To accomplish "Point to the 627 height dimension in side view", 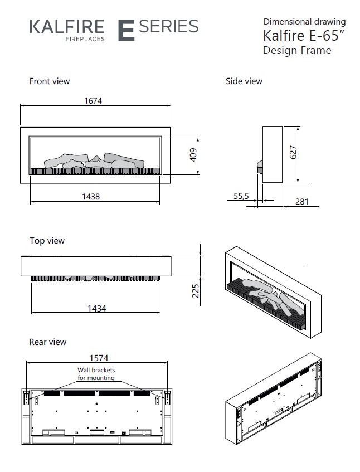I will tap(294, 153).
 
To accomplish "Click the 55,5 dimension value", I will tap(241, 196).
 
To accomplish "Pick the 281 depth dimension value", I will tap(301, 202).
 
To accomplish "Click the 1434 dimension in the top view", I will tap(95, 308).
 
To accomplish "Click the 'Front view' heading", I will tap(50, 81).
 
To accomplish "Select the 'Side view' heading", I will tap(244, 81).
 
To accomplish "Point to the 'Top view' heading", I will tap(47, 241).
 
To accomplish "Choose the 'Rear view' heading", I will tap(47, 342).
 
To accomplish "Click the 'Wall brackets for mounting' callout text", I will tap(96, 374).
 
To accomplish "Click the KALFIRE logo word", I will tap(66, 26).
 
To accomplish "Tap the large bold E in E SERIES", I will tap(126, 30).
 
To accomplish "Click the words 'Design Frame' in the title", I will tap(296, 51).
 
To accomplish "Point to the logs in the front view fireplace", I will tap(95, 160).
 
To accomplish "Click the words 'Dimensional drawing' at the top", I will tap(304, 22).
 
